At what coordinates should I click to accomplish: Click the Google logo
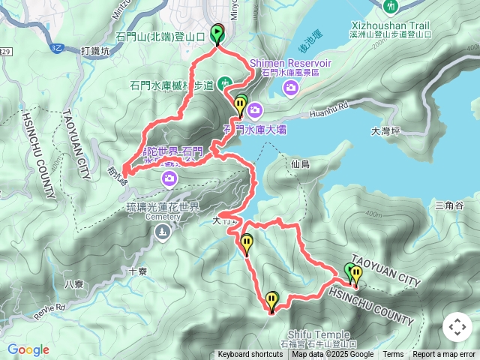pos(28,349)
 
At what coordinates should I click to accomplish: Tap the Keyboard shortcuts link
pos(250,355)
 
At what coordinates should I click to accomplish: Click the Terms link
pos(393,355)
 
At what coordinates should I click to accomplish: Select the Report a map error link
pos(445,355)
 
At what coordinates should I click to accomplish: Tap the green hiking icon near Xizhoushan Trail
pos(390,7)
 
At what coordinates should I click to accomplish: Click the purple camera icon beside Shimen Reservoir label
pos(291,89)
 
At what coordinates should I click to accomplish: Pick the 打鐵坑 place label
pos(94,51)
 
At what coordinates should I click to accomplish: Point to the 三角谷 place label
pos(449,205)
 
